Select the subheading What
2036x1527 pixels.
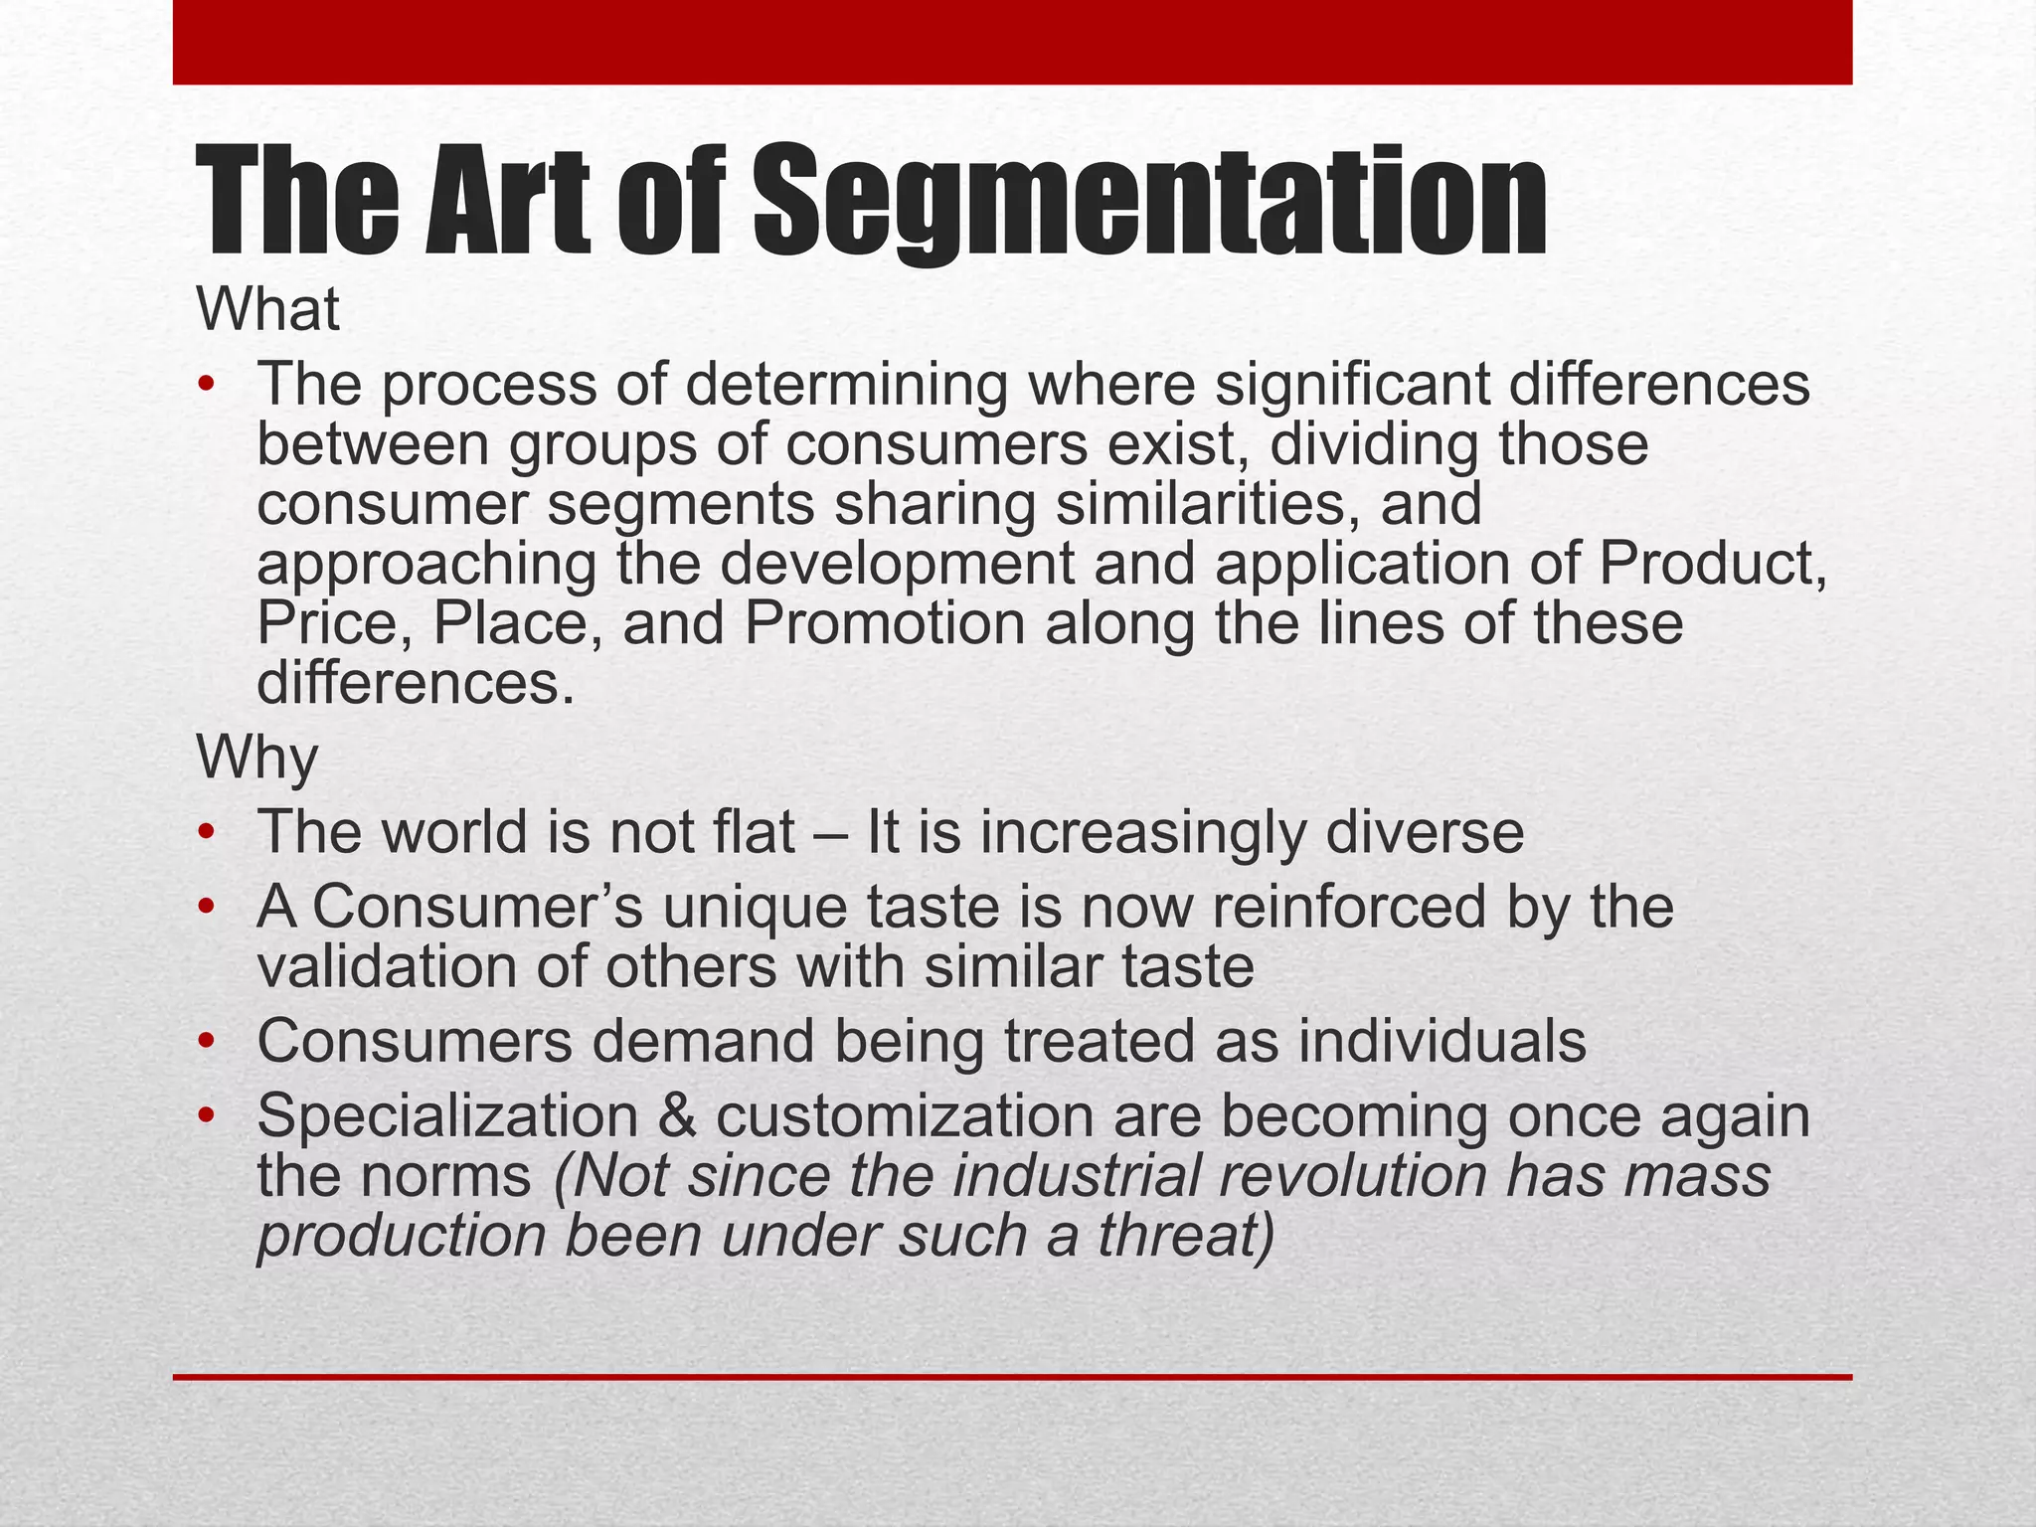(x=268, y=310)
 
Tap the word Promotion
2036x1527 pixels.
(x=885, y=623)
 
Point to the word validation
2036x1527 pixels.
(x=388, y=967)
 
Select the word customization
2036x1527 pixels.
(x=905, y=1116)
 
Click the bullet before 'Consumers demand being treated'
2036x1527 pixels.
(x=206, y=1042)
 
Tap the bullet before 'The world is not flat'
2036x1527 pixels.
(x=206, y=832)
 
